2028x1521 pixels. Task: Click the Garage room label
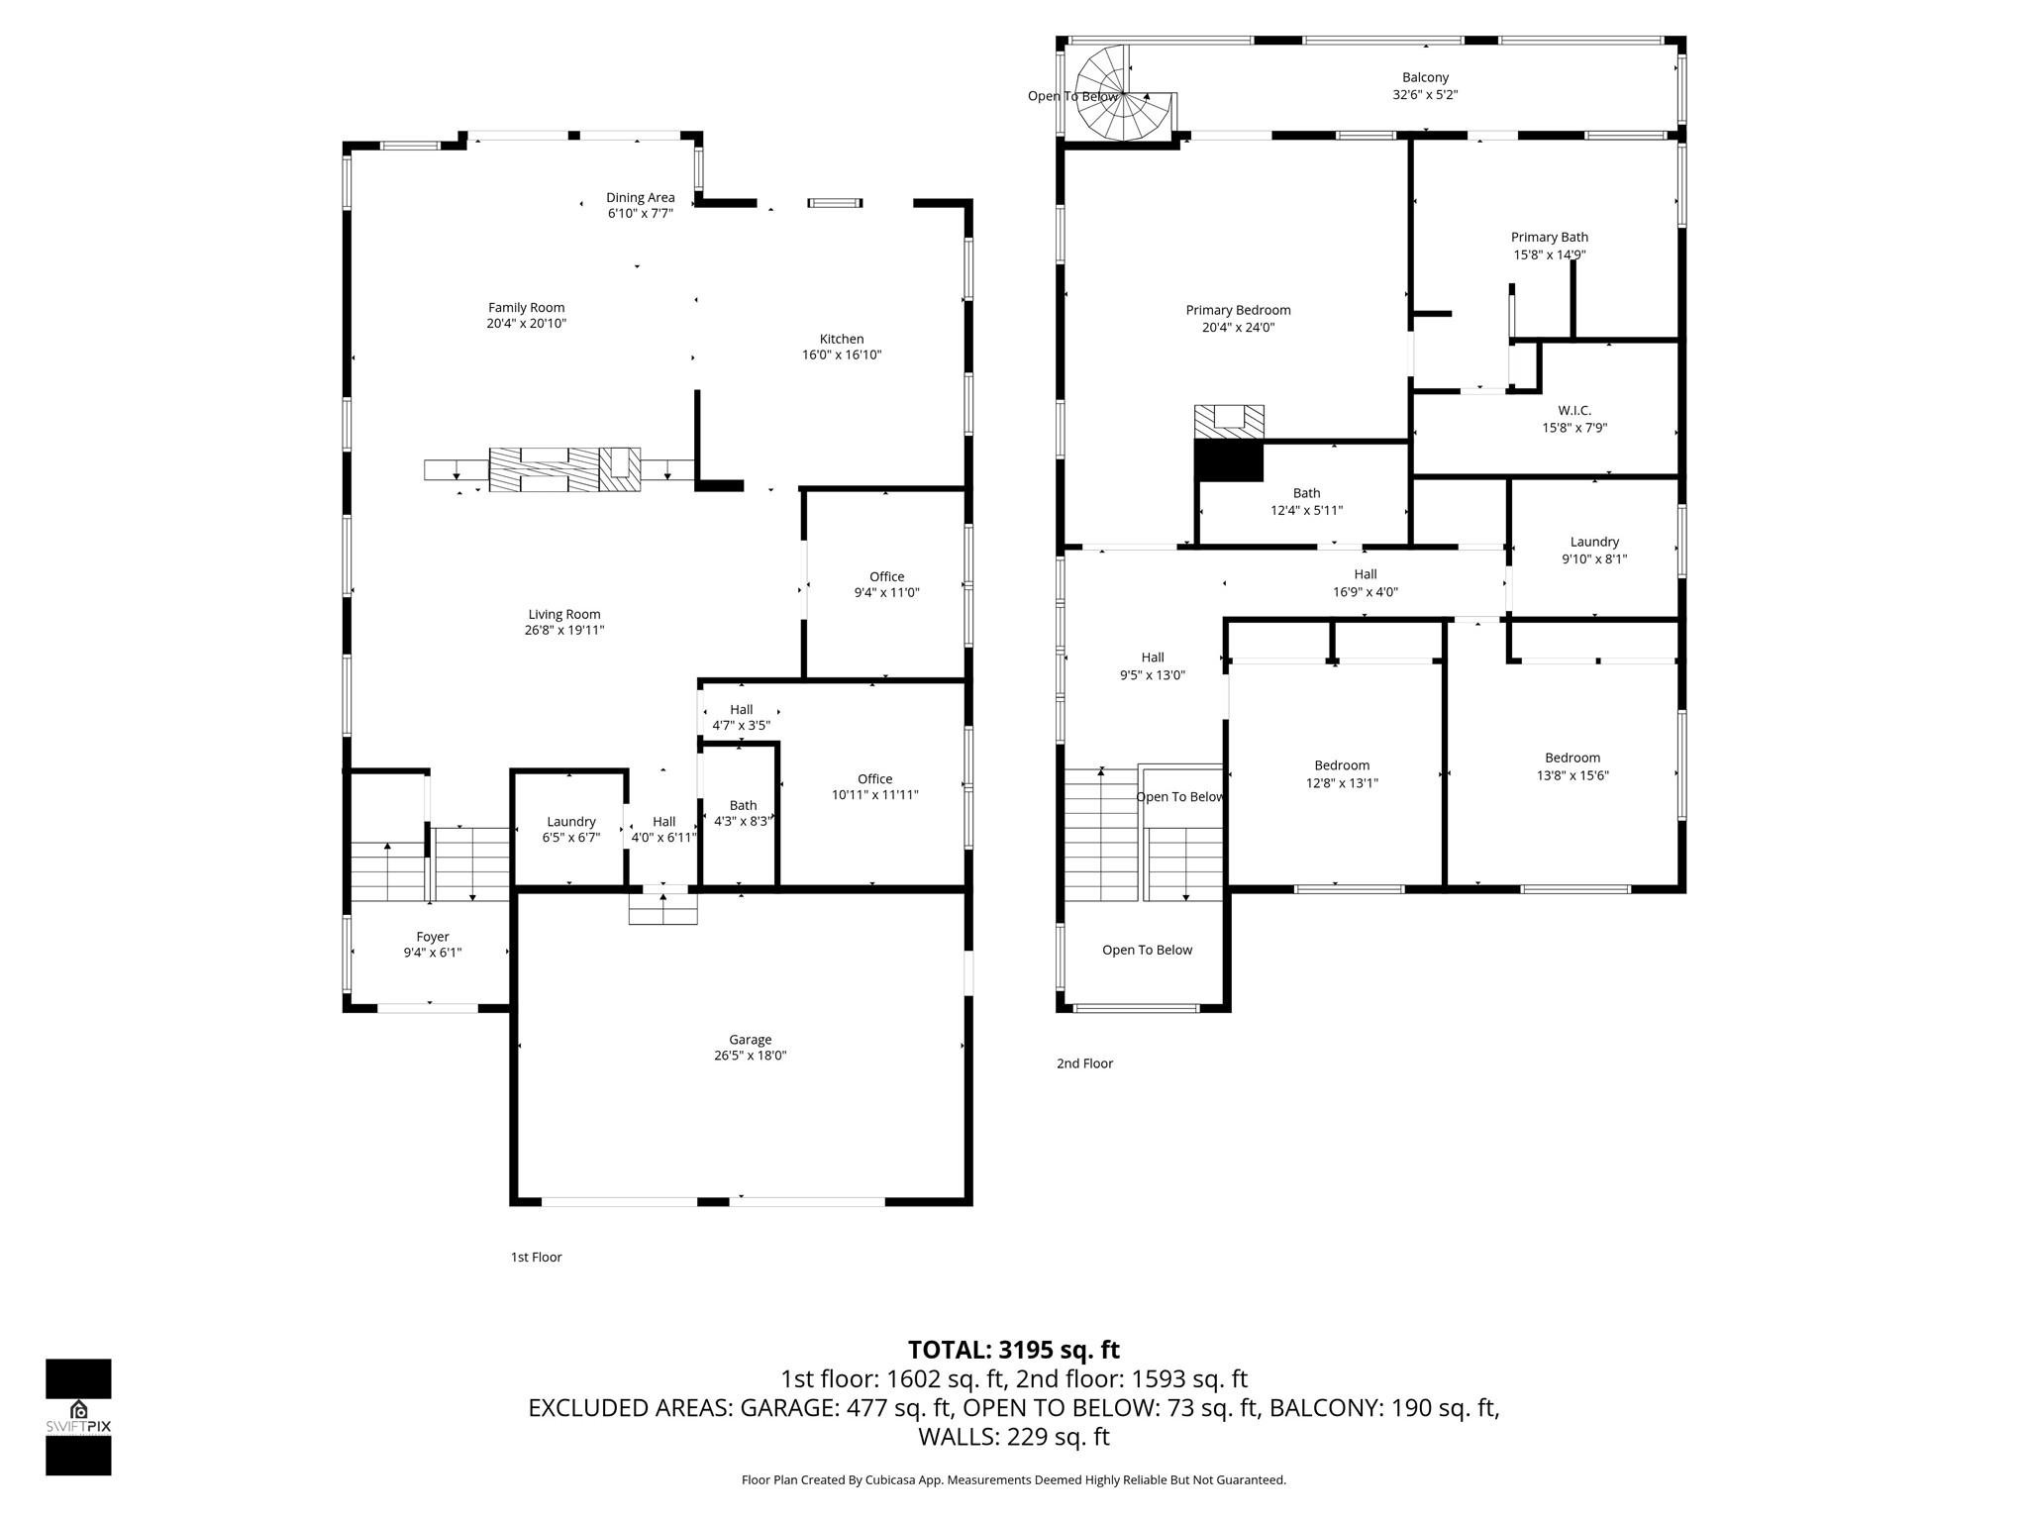(750, 1039)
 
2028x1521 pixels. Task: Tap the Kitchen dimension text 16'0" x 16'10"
(841, 355)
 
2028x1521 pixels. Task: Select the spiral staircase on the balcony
(1123, 95)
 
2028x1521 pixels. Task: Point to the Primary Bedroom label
(1238, 310)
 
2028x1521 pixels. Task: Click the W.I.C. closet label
(1573, 410)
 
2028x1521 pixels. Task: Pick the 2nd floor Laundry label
(1593, 541)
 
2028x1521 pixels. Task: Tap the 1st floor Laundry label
(570, 821)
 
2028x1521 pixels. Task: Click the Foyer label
(432, 936)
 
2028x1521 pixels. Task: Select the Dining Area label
(640, 197)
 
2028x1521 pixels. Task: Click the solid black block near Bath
(1228, 461)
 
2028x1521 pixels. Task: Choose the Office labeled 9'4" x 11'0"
(886, 584)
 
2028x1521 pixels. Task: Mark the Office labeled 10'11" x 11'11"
(874, 786)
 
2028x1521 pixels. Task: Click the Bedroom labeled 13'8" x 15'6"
(1572, 766)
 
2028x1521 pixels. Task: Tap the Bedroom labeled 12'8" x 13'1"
(1342, 773)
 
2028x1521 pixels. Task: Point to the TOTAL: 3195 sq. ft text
(1013, 1350)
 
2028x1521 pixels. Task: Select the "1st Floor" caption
(536, 1257)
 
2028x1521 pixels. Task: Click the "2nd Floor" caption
(1084, 1063)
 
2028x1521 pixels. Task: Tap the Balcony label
(1424, 77)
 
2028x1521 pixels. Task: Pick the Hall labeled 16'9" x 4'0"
(1365, 582)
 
